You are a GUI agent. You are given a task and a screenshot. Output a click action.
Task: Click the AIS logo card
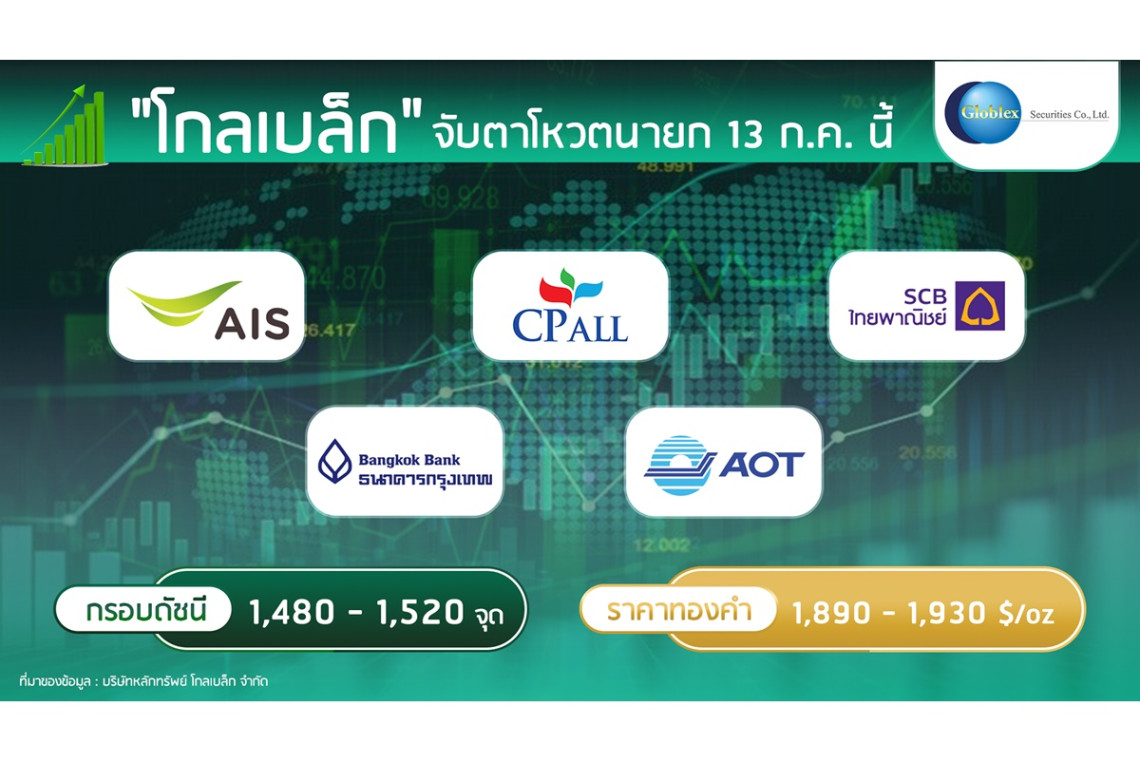[x=206, y=306]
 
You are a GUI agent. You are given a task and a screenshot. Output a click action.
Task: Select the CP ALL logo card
[x=570, y=306]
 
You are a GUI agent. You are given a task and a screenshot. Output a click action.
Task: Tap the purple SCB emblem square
[x=980, y=306]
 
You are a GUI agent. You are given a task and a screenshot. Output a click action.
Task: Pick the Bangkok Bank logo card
[x=405, y=462]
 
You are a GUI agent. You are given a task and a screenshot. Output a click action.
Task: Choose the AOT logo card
[x=723, y=462]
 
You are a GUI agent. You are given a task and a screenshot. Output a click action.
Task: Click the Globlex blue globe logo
[x=982, y=113]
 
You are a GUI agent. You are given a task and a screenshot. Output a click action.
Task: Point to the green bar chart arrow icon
[x=65, y=125]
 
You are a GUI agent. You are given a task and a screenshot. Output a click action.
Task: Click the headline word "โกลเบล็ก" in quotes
[x=276, y=124]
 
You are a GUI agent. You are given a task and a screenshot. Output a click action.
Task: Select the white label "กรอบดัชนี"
[x=145, y=609]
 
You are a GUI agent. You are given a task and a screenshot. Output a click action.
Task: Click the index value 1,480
[x=292, y=612]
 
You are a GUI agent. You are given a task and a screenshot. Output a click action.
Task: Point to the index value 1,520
[x=420, y=612]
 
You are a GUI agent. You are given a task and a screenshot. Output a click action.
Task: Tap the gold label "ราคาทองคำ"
[x=679, y=610]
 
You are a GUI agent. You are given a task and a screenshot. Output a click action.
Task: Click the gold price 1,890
[x=831, y=613]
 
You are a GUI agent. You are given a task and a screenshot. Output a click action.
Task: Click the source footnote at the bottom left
[x=143, y=681]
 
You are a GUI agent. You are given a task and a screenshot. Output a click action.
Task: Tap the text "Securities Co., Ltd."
[x=1069, y=114]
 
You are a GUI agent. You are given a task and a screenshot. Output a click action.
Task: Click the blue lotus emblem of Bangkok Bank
[x=335, y=462]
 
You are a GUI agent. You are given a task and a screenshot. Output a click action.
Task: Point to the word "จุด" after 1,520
[x=489, y=615]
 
